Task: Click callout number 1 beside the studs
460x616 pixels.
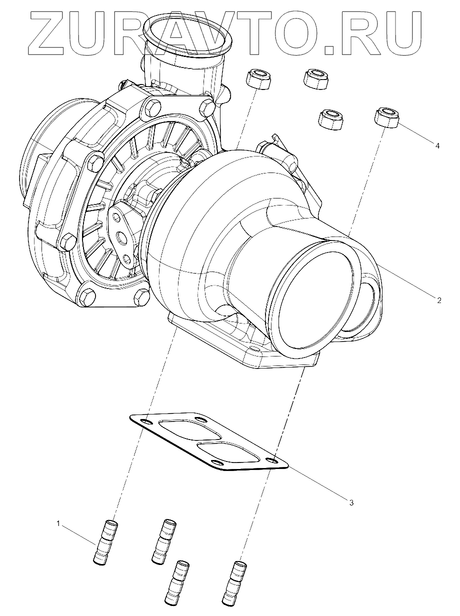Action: coord(58,524)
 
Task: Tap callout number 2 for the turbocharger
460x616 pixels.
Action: coord(438,300)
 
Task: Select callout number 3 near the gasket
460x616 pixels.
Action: coord(351,502)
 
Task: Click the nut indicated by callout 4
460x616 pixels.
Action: coord(385,116)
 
